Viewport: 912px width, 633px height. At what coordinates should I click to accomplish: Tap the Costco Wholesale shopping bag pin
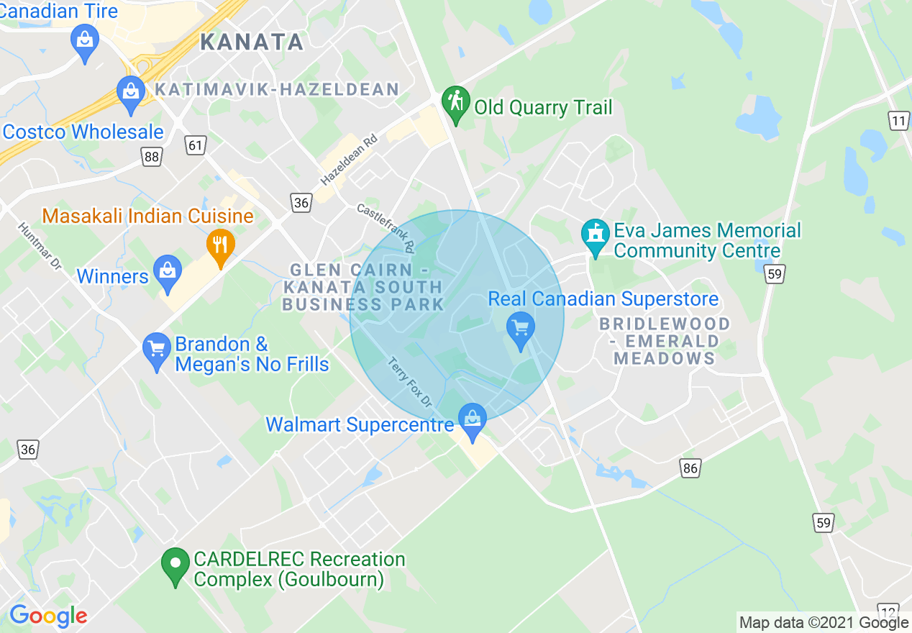tap(130, 93)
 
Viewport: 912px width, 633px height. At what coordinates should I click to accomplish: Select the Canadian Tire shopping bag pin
tap(85, 40)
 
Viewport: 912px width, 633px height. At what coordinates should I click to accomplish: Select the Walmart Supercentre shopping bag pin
tap(473, 421)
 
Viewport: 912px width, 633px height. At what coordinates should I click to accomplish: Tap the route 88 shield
tap(151, 157)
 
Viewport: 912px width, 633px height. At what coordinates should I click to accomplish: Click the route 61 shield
tap(196, 145)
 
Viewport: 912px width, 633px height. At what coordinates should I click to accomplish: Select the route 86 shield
tap(690, 468)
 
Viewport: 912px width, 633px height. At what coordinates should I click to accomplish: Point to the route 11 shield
tap(899, 121)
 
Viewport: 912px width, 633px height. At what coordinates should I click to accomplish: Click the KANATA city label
tap(252, 42)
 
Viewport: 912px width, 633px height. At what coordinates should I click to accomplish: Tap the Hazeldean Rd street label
tap(350, 158)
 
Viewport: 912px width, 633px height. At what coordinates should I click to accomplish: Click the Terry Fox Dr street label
tap(409, 381)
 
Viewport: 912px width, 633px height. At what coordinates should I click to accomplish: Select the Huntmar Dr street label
tap(40, 245)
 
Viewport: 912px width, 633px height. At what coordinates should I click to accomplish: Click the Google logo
tap(48, 616)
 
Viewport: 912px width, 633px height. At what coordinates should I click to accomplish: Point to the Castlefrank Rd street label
tap(386, 227)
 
